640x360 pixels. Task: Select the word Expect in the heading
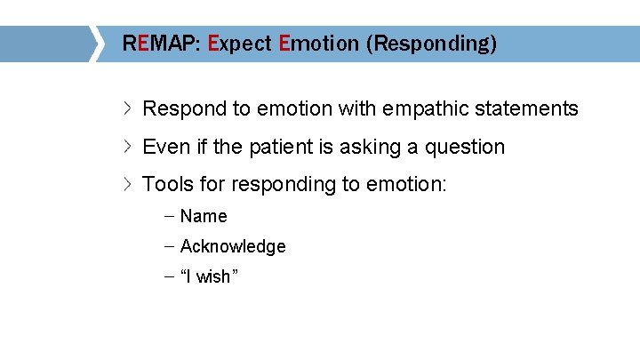pos(239,44)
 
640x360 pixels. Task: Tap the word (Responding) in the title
pos(431,44)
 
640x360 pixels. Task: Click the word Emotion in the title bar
pos(318,44)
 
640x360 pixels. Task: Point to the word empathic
pos(427,109)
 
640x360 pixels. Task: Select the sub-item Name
pos(204,216)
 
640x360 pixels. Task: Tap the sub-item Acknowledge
pos(233,246)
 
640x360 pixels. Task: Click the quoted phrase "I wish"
pos(210,276)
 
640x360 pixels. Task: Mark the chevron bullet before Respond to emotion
pos(128,109)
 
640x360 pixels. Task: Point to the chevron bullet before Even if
pos(128,147)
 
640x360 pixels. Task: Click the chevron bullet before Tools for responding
pos(128,184)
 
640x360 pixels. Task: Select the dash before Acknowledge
pos(169,246)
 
